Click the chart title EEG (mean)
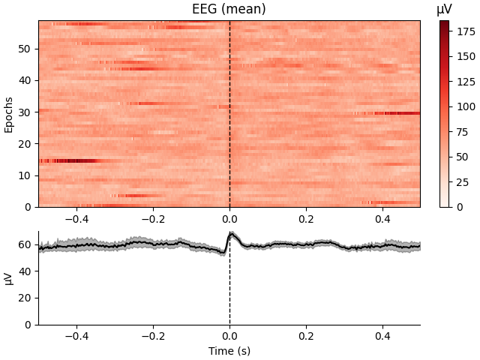(229, 10)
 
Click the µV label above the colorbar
(445, 9)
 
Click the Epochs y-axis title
(9, 114)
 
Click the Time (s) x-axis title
(229, 351)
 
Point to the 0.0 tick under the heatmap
(229, 219)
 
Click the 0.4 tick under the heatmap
(382, 219)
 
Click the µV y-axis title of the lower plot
(9, 278)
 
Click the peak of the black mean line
(231, 234)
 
